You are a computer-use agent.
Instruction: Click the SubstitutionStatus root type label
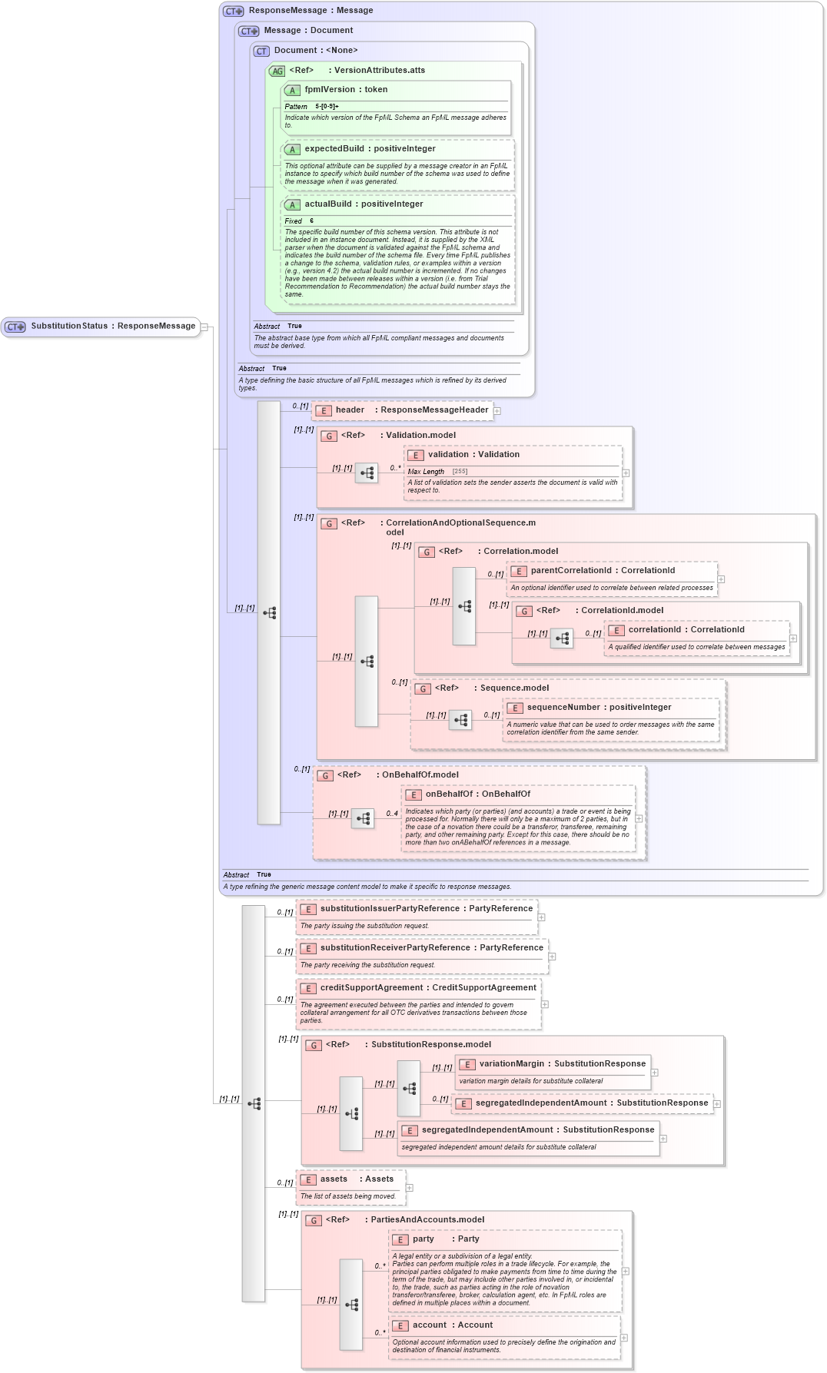[113, 327]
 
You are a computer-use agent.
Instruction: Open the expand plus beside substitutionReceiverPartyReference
[552, 957]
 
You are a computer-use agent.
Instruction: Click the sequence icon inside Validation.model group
[367, 473]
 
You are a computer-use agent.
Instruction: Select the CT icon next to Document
[261, 51]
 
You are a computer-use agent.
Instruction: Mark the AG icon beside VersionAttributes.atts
[277, 71]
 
